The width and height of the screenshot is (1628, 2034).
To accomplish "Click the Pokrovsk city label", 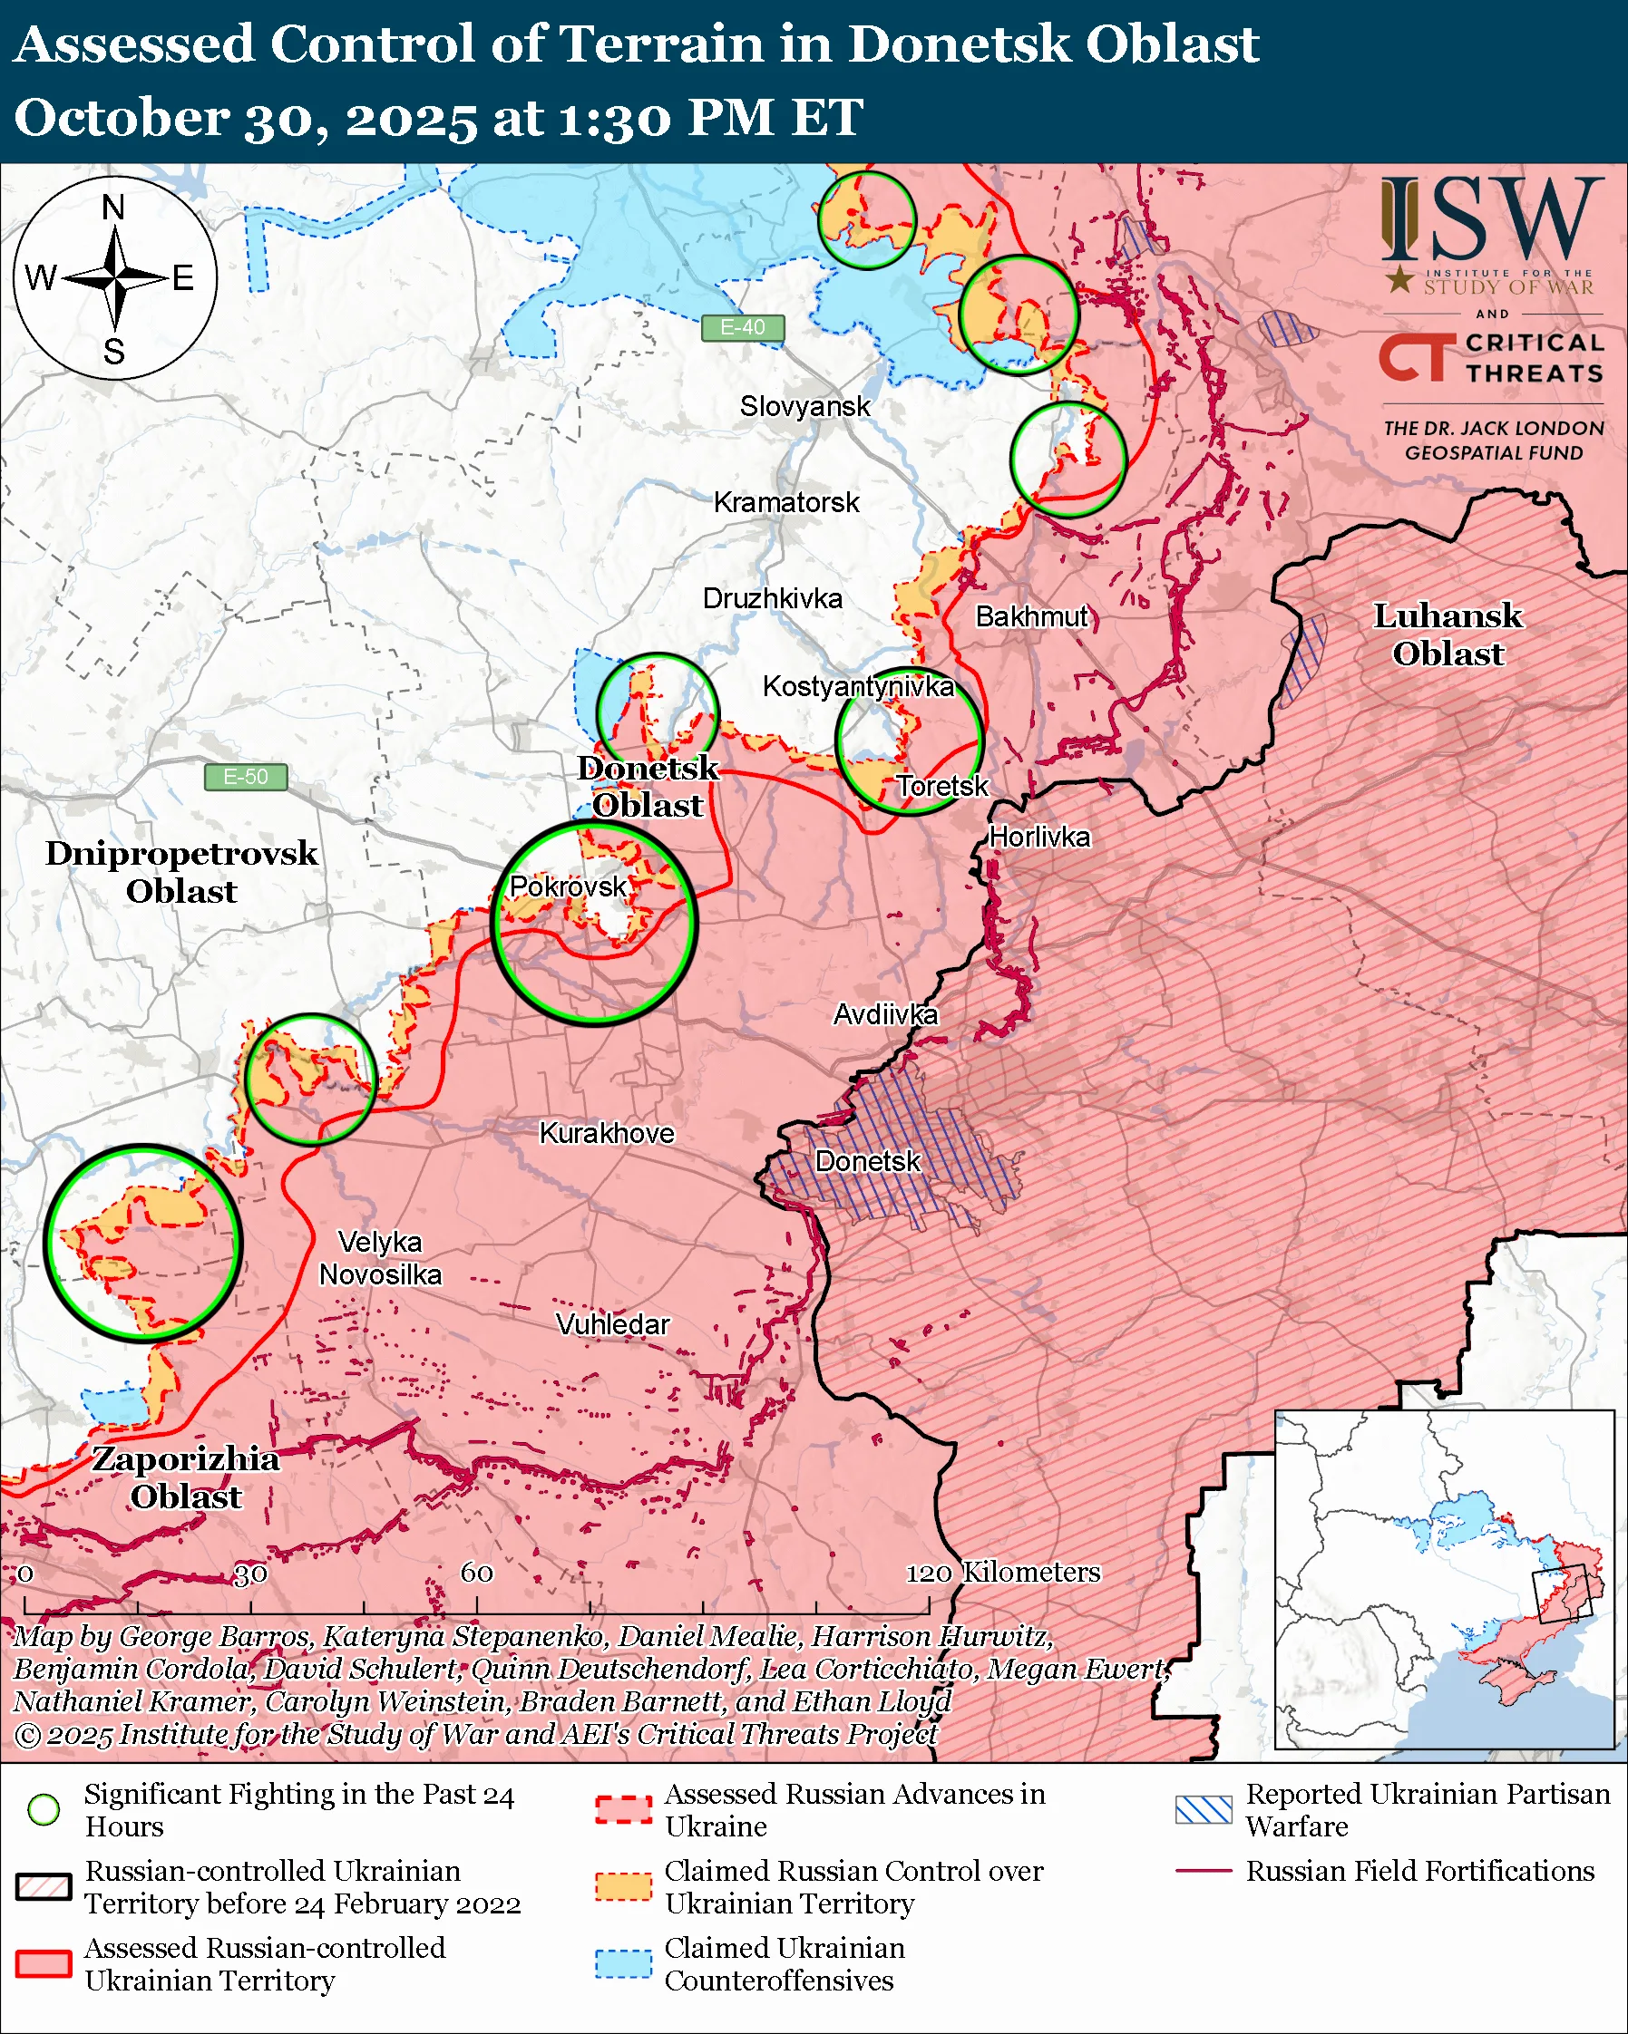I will pos(567,886).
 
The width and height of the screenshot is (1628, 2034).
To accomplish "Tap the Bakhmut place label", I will pos(1031,617).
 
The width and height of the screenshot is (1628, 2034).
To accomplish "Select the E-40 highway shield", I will pos(743,327).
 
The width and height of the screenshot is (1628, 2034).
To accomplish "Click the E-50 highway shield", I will pos(246,778).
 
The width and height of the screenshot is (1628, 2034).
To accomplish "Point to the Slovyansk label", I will pos(804,407).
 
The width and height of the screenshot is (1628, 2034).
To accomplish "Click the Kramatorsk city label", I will pos(785,503).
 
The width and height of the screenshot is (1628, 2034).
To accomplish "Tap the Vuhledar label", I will pos(612,1325).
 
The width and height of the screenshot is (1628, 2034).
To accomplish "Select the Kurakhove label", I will pos(606,1134).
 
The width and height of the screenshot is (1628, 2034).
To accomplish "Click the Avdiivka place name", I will pos(884,1015).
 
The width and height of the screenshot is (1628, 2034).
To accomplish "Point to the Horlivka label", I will pos(1039,838).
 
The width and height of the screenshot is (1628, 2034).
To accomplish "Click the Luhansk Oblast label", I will pos(1447,634).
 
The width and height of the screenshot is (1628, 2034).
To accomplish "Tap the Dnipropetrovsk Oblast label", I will pos(181,873).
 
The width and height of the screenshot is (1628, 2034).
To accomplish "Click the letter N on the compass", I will pos(113,208).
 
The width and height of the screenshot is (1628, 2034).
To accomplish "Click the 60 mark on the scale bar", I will pos(476,1573).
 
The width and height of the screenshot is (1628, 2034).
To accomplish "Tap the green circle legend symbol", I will pos(44,1809).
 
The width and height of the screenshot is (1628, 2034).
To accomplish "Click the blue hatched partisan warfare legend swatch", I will pos(1204,1809).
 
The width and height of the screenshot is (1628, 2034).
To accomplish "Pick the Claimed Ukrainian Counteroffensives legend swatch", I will pos(623,1964).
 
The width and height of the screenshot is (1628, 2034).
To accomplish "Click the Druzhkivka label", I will pos(772,599).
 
